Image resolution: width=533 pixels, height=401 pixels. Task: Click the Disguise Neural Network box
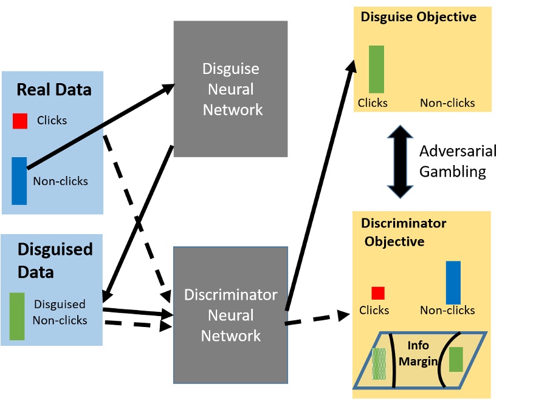click(x=230, y=89)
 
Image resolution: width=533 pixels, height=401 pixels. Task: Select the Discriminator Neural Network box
click(x=230, y=315)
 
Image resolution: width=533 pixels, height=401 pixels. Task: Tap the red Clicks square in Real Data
click(x=20, y=121)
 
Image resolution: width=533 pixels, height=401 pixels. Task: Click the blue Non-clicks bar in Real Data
click(x=19, y=181)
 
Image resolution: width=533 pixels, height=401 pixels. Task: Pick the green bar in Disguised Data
click(x=17, y=316)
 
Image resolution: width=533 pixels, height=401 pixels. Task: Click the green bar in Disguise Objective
click(x=376, y=69)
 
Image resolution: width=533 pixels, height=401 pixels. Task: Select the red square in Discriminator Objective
click(x=378, y=293)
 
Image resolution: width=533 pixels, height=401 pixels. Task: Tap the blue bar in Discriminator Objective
click(x=453, y=282)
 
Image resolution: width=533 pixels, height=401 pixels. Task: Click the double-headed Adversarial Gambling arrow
click(x=401, y=161)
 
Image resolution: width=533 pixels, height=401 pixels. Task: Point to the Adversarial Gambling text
click(x=458, y=161)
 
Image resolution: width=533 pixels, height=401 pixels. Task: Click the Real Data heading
click(x=53, y=90)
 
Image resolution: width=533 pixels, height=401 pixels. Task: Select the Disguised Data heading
click(x=55, y=260)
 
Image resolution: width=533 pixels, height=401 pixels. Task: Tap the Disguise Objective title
click(x=418, y=17)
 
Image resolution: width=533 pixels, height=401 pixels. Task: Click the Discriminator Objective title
click(x=403, y=232)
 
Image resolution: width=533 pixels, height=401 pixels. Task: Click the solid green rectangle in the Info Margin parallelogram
click(x=456, y=359)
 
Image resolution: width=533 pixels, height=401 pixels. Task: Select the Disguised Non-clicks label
click(x=60, y=312)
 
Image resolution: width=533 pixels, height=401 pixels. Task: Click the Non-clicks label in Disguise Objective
click(x=447, y=103)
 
